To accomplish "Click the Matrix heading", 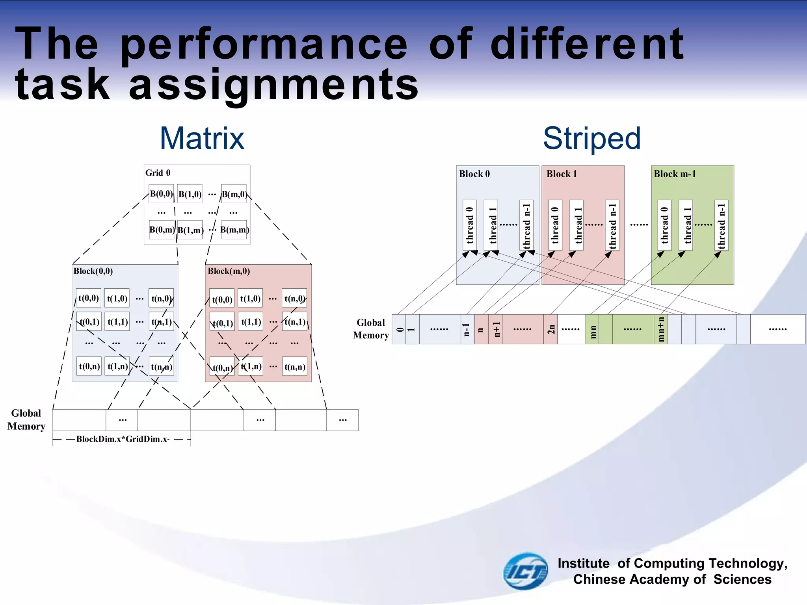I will (202, 139).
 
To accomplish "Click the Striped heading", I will (591, 139).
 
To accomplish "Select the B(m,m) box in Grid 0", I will (234, 230).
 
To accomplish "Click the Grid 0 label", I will (158, 173).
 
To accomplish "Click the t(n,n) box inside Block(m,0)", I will (295, 367).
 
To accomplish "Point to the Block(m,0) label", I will (229, 271).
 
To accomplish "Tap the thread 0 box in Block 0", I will (469, 225).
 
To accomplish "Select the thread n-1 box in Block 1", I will (612, 225).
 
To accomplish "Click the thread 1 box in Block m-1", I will (686, 225).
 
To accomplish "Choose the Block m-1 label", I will (675, 174).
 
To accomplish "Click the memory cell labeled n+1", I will (496, 329).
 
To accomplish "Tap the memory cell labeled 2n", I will (550, 329).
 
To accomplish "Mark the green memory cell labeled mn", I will (592, 329).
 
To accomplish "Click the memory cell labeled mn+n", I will (661, 329).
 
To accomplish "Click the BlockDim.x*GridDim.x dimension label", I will (123, 439).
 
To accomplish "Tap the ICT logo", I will (525, 571).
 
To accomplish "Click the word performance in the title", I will (264, 44).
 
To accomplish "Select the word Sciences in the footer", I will (742, 579).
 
